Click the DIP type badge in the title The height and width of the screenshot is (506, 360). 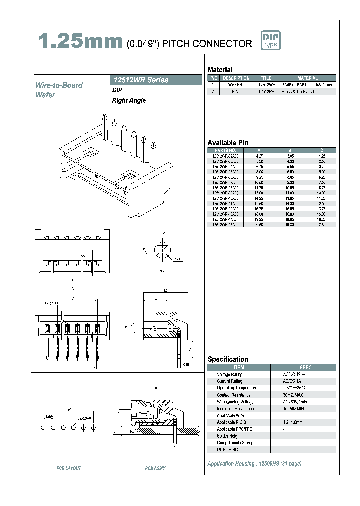[271, 41]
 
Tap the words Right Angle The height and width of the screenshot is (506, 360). [129, 100]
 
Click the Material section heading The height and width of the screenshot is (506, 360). [220, 70]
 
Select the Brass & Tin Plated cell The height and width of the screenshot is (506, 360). [298, 92]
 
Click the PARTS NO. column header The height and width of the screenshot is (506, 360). [225, 150]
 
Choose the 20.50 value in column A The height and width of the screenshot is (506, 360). [259, 225]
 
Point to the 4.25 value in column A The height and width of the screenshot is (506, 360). [259, 156]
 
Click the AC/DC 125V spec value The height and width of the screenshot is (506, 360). [294, 374]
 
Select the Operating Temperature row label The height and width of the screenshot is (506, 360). [237, 388]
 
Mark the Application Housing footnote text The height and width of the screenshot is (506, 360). [254, 464]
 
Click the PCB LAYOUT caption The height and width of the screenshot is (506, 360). [69, 468]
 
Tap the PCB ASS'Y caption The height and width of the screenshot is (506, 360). [155, 468]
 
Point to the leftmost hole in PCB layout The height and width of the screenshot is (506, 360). [43, 428]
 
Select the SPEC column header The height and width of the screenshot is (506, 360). [305, 367]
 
